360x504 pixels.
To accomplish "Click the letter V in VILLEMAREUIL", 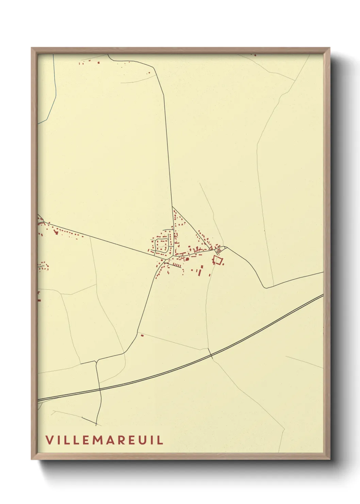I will [x=49, y=440].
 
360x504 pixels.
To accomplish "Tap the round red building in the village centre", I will [x=187, y=259].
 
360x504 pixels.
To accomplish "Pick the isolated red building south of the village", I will [x=142, y=336].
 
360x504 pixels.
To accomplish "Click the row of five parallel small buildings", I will [x=176, y=265].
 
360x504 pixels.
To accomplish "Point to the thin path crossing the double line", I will [x=211, y=354].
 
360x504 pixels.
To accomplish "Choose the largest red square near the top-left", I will [x=99, y=62].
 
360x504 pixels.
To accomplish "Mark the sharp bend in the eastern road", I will [x=264, y=287].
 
